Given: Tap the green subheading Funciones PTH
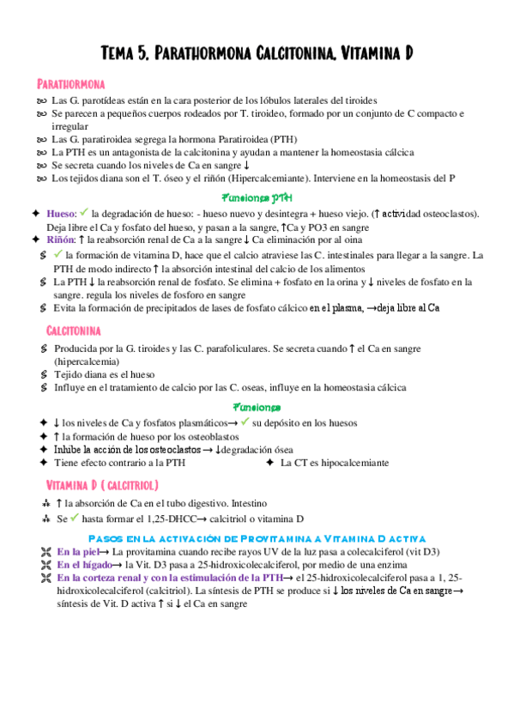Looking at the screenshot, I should pos(257,196).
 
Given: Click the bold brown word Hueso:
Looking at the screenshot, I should pos(62,213).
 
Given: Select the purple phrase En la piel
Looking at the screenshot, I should pos(82,551).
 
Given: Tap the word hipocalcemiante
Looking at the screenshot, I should pos(353,463).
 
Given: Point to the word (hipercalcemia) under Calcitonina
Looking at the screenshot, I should pos(88,361).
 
